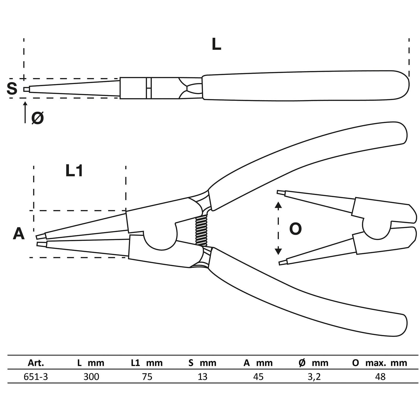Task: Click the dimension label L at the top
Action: pos(216,45)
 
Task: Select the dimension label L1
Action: pos(74,171)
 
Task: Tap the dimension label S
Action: pos(12,88)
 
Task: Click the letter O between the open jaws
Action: pos(295,229)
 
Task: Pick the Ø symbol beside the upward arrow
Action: pos(37,118)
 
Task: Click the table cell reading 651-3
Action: pos(36,377)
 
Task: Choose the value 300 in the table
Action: pos(91,377)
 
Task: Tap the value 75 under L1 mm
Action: pos(147,377)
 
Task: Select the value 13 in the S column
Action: pos(202,377)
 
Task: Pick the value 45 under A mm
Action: pos(258,377)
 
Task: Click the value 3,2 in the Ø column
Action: pos(314,377)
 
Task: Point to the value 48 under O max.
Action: pos(380,377)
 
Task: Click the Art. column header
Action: pos(36,363)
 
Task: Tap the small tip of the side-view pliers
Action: pos(26,90)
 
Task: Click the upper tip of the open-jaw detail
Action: pos(280,192)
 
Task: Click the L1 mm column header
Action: pos(147,363)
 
